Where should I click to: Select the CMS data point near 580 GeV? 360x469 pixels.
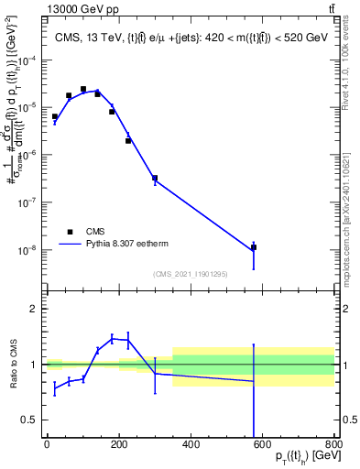tap(254, 247)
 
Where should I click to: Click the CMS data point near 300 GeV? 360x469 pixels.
tap(155, 178)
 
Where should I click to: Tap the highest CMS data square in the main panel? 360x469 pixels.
tap(83, 89)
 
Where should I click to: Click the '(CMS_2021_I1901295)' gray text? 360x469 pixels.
tap(190, 273)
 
